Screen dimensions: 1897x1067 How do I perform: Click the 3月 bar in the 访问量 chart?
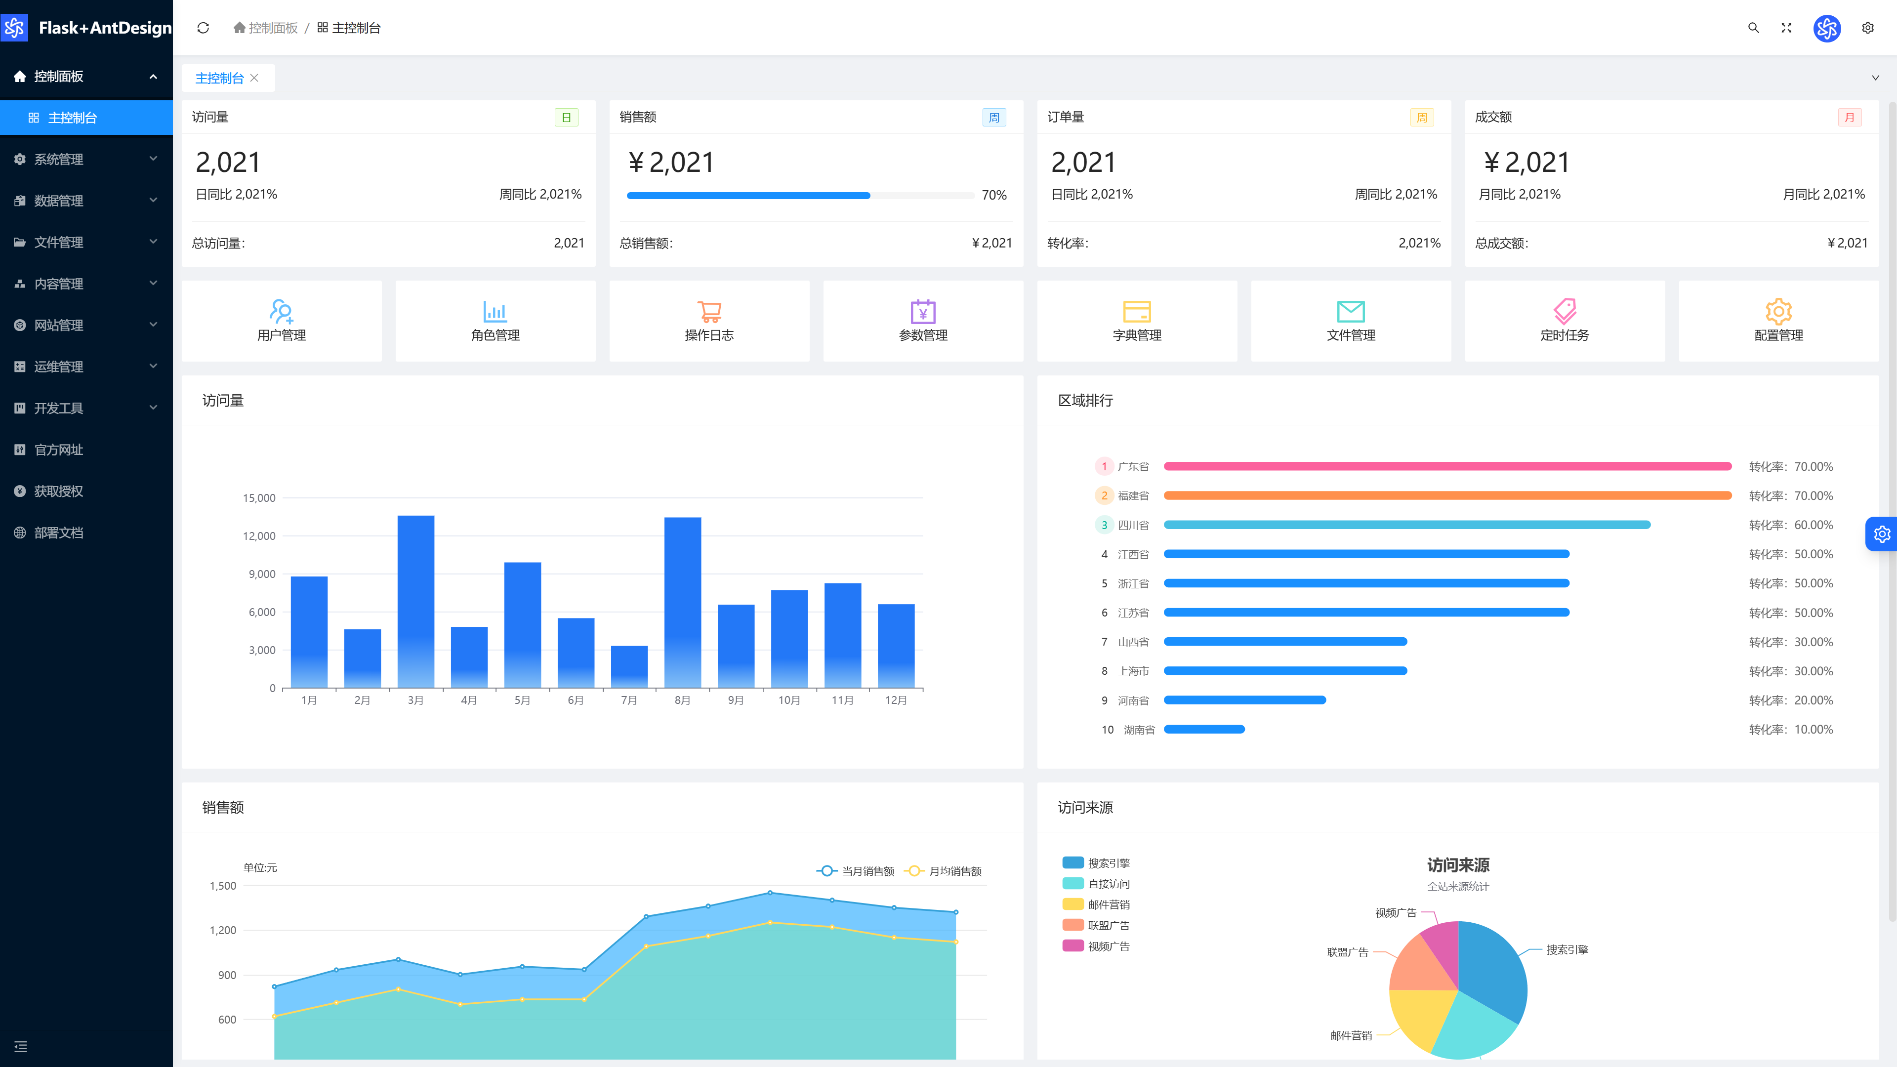point(415,602)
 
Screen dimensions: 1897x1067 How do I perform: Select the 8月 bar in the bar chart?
point(683,602)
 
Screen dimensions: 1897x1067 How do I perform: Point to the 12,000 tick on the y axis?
point(259,536)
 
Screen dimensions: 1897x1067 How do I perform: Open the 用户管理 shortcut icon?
point(281,311)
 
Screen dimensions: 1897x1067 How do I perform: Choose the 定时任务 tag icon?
point(1565,311)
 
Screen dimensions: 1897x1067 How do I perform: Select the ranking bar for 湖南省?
point(1204,729)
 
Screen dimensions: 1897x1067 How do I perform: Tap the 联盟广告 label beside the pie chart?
point(1347,952)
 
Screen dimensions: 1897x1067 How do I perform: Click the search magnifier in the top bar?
point(1753,28)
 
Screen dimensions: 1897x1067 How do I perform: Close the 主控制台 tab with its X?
point(254,78)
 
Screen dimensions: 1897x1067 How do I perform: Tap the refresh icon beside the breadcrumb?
point(203,28)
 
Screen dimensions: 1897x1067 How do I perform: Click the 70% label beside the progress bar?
point(993,195)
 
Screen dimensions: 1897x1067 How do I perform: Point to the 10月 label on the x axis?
point(789,700)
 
